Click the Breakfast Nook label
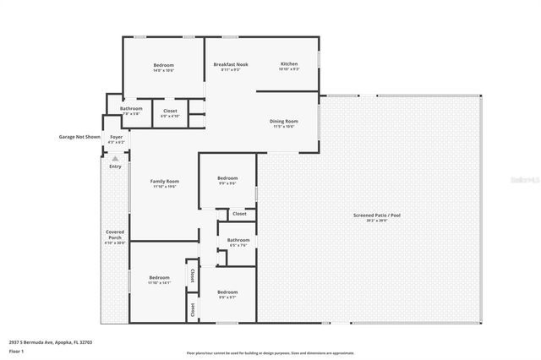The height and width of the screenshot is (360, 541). click(x=230, y=64)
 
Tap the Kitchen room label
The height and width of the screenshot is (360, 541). click(x=290, y=64)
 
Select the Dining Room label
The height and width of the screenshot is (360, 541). click(x=283, y=122)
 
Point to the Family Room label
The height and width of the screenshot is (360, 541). click(x=165, y=182)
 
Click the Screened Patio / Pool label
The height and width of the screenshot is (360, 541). click(x=377, y=215)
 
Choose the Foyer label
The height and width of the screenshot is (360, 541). click(x=116, y=137)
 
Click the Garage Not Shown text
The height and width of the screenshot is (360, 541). click(x=79, y=136)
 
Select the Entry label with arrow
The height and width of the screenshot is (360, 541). click(x=115, y=165)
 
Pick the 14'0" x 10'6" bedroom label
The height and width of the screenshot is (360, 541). click(x=163, y=66)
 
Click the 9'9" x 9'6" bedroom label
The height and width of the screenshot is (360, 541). click(x=227, y=178)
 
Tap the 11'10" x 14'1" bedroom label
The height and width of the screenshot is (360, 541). click(x=159, y=278)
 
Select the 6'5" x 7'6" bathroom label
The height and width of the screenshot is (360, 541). click(x=238, y=241)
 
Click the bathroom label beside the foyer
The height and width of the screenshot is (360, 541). click(x=131, y=108)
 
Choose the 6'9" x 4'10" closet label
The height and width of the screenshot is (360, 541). click(x=170, y=111)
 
